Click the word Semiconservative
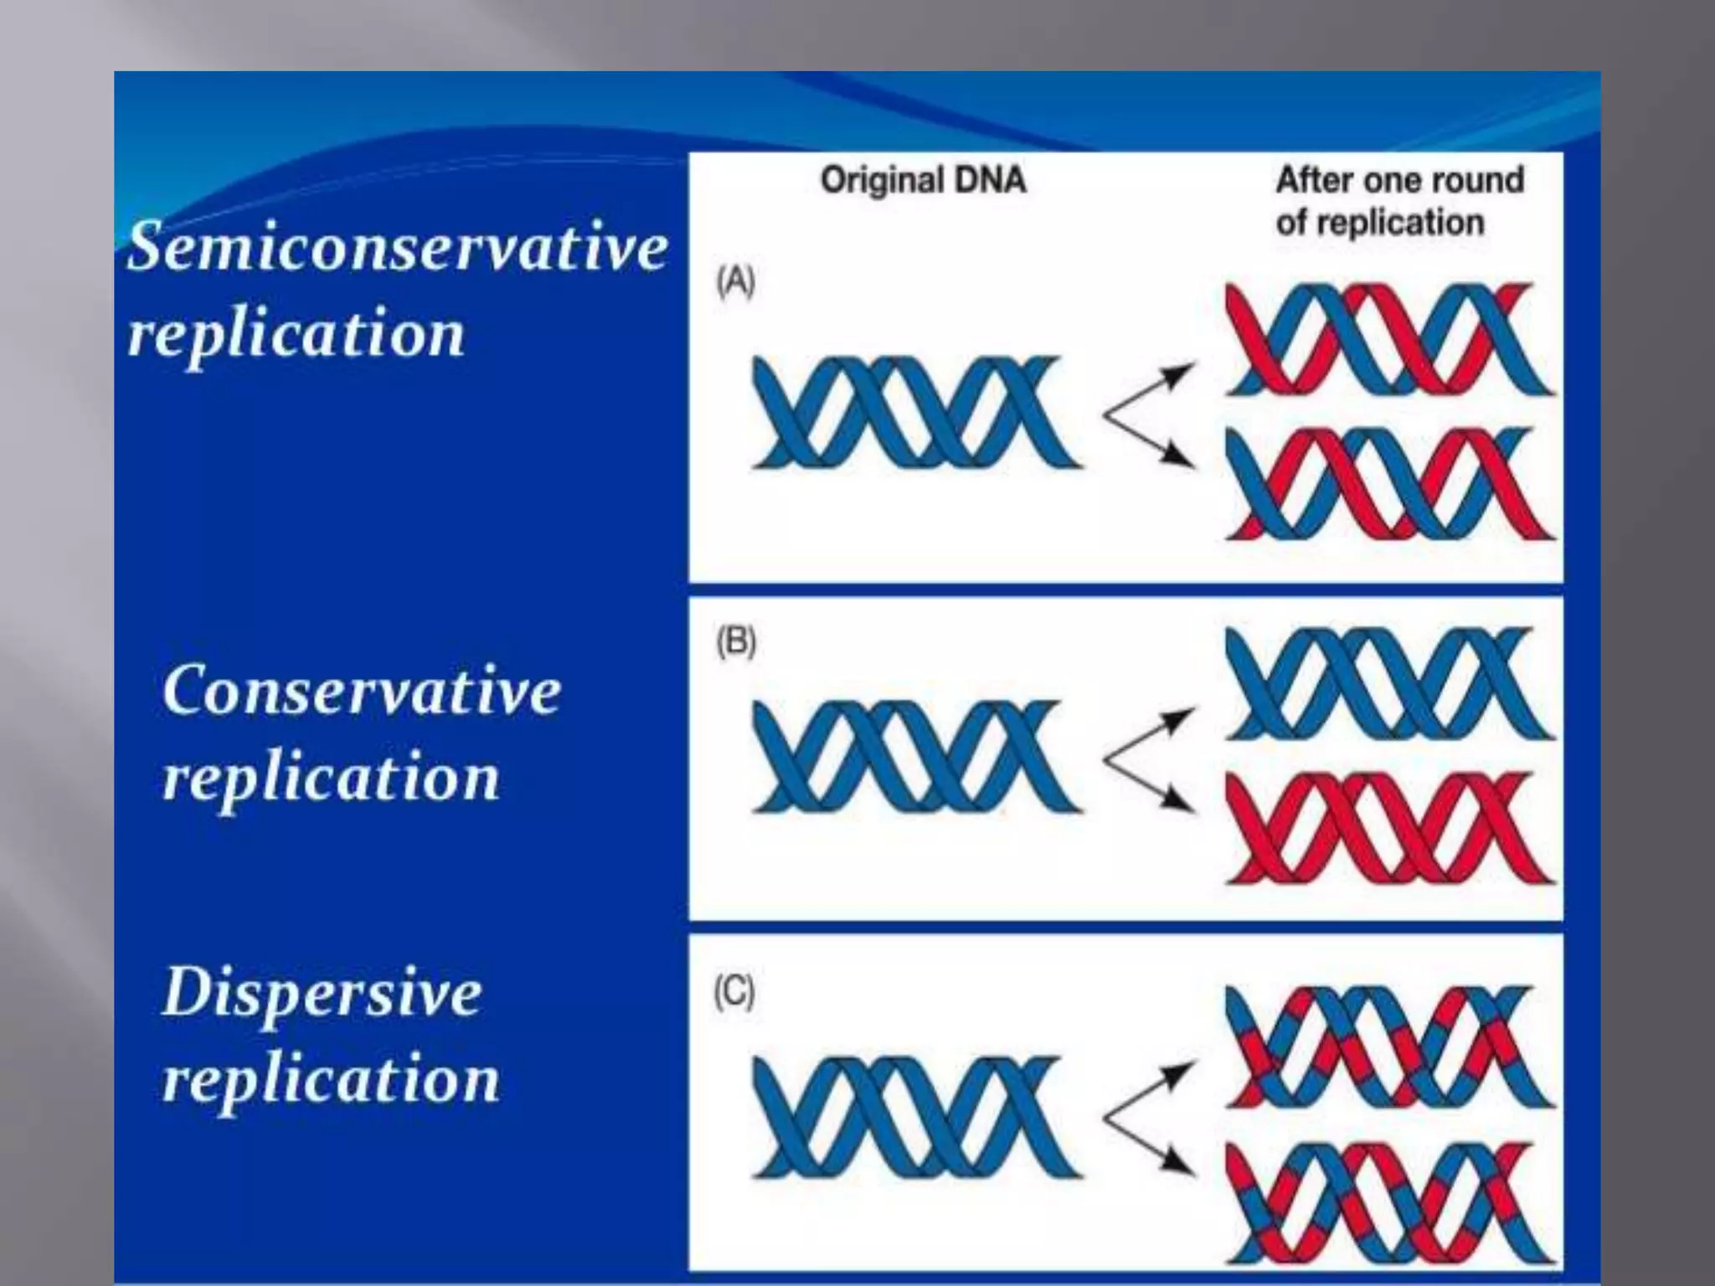(398, 248)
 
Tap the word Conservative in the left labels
(362, 691)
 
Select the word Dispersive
(322, 993)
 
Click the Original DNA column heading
(923, 181)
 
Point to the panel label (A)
(735, 282)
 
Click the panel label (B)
(735, 642)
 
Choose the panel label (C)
(734, 993)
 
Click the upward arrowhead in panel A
(1182, 373)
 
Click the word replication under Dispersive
(331, 1079)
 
